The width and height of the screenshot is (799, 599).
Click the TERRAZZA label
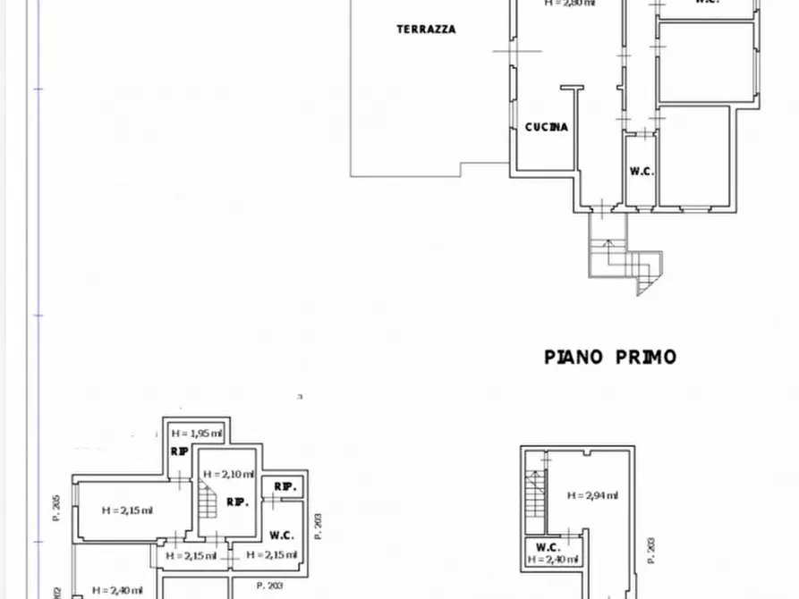[426, 30]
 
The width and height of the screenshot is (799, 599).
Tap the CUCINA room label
[546, 127]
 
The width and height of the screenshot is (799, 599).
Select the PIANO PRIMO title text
[610, 357]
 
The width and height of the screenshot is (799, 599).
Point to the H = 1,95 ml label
[198, 433]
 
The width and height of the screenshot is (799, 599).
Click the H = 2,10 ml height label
[228, 474]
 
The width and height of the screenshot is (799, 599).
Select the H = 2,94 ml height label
[591, 495]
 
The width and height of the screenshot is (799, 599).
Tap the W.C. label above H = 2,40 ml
[548, 547]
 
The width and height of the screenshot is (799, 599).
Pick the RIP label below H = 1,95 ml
[180, 451]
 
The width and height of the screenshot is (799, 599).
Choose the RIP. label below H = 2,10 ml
[237, 502]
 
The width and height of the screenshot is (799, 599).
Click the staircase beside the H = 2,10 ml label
[208, 501]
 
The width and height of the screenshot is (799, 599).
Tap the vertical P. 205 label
[55, 508]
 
